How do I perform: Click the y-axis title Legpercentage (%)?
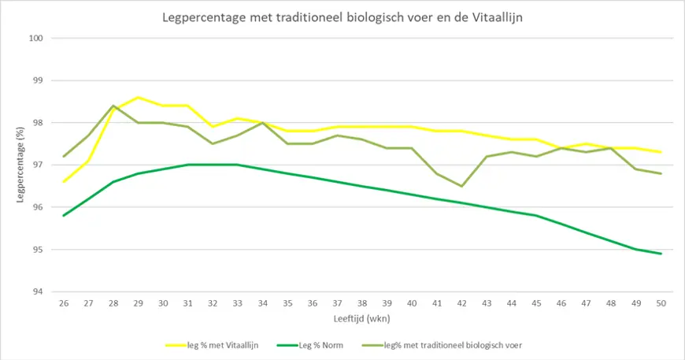(20, 164)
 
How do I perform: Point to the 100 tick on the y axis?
(36, 38)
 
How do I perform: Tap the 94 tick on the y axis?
(36, 291)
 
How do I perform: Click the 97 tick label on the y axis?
(36, 165)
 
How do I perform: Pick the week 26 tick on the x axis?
(64, 302)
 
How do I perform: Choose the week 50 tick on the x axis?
(661, 302)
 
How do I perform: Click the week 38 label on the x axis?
(362, 302)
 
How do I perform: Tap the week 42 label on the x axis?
(462, 302)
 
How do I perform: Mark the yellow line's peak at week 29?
(139, 97)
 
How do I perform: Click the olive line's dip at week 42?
(462, 186)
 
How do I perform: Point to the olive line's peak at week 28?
(113, 106)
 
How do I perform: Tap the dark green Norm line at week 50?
(661, 254)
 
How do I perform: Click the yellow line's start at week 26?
(64, 182)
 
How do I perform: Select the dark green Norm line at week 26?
(64, 216)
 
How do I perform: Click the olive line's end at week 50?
(661, 173)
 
